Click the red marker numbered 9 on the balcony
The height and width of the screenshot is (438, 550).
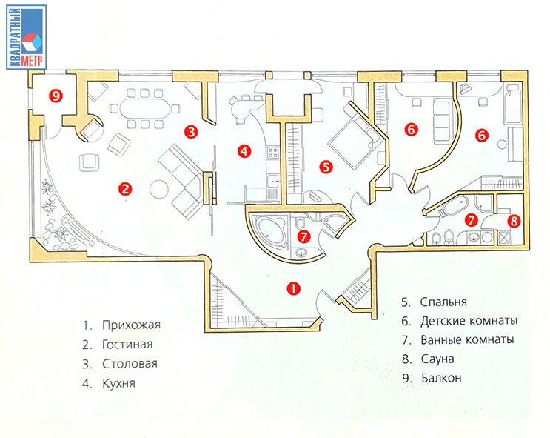pyautogui.click(x=53, y=94)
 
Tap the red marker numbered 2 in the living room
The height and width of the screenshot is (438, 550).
pyautogui.click(x=126, y=189)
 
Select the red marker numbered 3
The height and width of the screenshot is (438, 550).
pyautogui.click(x=191, y=132)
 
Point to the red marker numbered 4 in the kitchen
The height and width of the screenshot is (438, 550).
pyautogui.click(x=244, y=151)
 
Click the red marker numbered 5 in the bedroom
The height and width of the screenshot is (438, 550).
pyautogui.click(x=326, y=167)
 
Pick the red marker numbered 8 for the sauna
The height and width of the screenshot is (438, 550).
pyautogui.click(x=515, y=220)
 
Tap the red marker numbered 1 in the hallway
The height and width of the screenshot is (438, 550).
pyautogui.click(x=293, y=288)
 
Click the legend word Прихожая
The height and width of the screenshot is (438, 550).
pyautogui.click(x=132, y=325)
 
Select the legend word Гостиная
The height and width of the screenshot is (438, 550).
pyautogui.click(x=128, y=345)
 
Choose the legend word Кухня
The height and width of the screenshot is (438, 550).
pyautogui.click(x=120, y=384)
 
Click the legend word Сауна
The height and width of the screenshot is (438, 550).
pyautogui.click(x=437, y=359)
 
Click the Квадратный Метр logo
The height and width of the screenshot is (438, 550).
pyautogui.click(x=27, y=36)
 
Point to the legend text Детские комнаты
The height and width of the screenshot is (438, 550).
pyautogui.click(x=468, y=322)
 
